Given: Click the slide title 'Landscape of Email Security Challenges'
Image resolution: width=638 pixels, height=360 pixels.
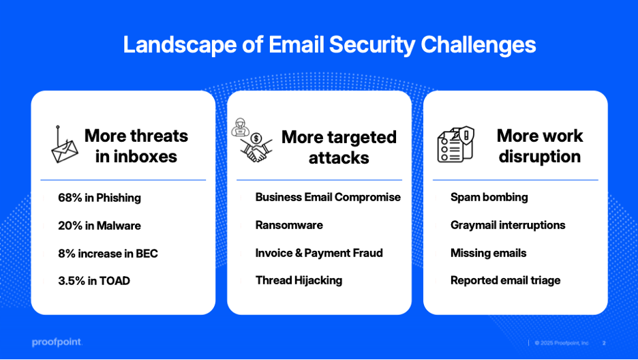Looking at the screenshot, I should pos(329,45).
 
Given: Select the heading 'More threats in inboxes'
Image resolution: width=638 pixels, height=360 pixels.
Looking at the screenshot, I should pos(136,146).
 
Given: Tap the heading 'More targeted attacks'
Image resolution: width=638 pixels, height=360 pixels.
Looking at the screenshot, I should pos(339,147).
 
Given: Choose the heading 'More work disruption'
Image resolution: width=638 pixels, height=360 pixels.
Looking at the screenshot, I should pos(539,146).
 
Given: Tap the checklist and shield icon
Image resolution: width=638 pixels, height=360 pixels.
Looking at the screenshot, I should pos(455,144).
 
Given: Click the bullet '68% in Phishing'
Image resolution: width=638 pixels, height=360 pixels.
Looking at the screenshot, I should pos(100,198).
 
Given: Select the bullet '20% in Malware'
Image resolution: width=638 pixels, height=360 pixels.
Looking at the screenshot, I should pos(100,226).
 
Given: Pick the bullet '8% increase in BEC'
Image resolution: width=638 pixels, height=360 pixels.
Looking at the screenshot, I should pos(108,254).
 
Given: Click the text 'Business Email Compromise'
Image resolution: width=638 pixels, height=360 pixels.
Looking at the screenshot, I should pos(328,197).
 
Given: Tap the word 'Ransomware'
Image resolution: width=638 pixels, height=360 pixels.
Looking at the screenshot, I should pos(289,225).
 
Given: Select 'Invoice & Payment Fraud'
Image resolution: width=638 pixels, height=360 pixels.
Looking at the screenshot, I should pos(319,253).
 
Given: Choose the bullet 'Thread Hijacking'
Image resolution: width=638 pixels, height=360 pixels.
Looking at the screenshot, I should pos(299,280).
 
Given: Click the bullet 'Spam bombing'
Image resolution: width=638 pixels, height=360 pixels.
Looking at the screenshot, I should pos(489,197).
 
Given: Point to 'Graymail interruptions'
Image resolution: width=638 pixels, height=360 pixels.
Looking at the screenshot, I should pos(508,225).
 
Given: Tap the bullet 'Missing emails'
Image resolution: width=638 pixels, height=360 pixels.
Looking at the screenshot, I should pos(488,253).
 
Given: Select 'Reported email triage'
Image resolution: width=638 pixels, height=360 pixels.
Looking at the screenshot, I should pos(505,280).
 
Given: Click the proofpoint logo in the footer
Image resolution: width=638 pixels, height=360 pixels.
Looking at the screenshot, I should pos(56,342).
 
